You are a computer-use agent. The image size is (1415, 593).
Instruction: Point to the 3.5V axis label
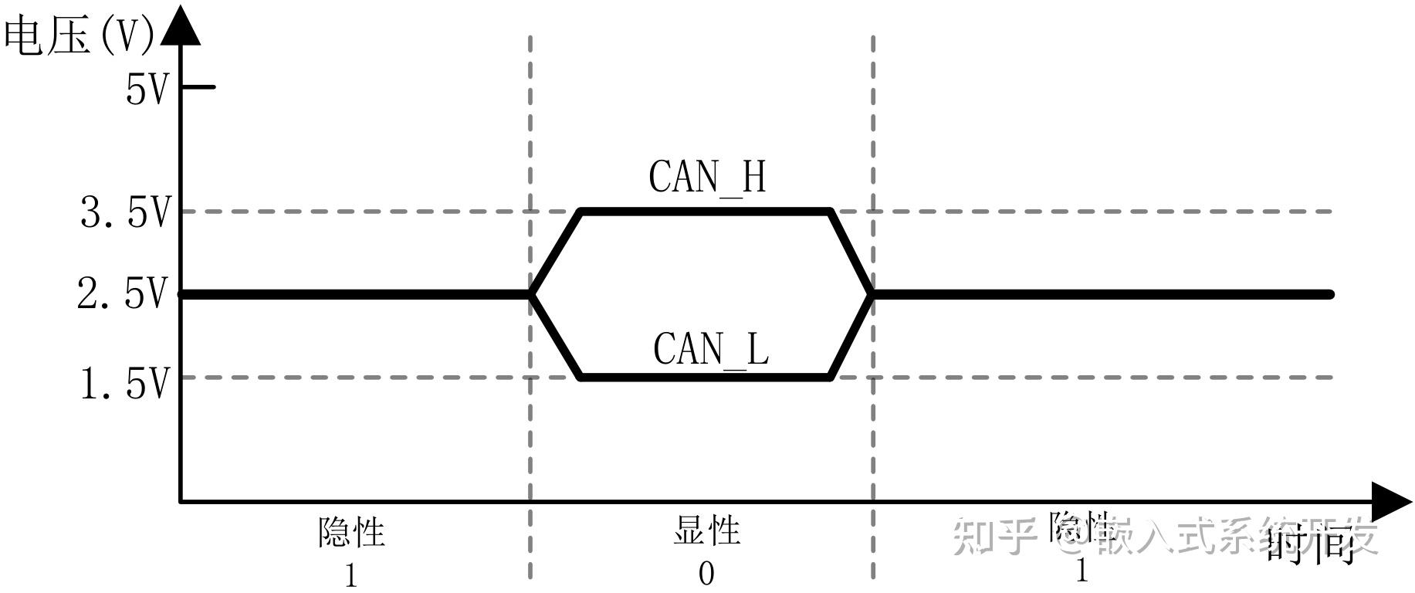pyautogui.click(x=124, y=212)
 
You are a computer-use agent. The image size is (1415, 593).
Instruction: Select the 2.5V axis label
pyautogui.click(x=122, y=294)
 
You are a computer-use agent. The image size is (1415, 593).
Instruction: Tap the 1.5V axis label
pyautogui.click(x=124, y=383)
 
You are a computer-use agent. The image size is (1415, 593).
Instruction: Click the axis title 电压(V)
pyautogui.click(x=80, y=36)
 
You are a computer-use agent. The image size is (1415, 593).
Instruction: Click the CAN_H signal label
pyautogui.click(x=707, y=177)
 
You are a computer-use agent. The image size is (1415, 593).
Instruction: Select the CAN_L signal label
pyautogui.click(x=711, y=349)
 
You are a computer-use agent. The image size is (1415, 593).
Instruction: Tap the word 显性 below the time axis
pyautogui.click(x=706, y=531)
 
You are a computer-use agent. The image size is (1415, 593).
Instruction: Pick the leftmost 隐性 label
pyautogui.click(x=351, y=532)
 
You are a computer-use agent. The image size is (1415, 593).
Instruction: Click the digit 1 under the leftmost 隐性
pyautogui.click(x=351, y=576)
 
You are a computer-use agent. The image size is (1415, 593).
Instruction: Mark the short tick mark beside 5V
pyautogui.click(x=199, y=86)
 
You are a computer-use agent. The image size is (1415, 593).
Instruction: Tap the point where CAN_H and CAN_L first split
pyautogui.click(x=531, y=294)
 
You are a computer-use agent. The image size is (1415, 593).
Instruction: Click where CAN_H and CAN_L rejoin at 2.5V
pyautogui.click(x=872, y=294)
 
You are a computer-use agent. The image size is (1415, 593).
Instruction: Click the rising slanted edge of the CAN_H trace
pyautogui.click(x=556, y=252)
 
